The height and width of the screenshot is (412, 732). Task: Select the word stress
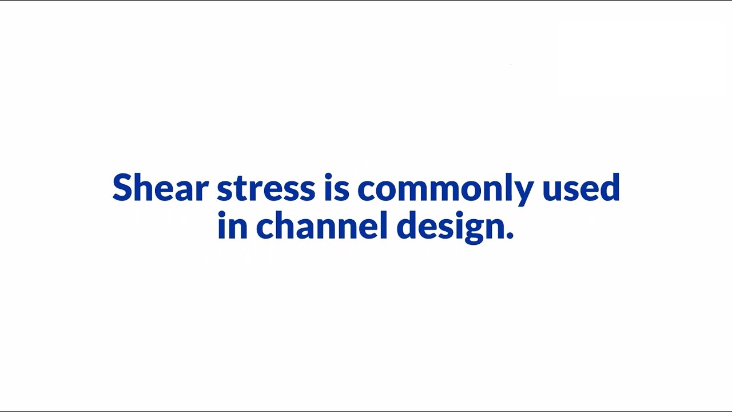point(266,189)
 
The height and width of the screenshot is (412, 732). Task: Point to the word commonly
point(445,189)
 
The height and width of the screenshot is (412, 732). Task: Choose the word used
point(581,188)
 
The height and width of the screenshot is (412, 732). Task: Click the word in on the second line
point(232,225)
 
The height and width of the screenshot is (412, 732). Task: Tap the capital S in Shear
point(122,188)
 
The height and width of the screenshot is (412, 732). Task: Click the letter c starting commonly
point(367,190)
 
